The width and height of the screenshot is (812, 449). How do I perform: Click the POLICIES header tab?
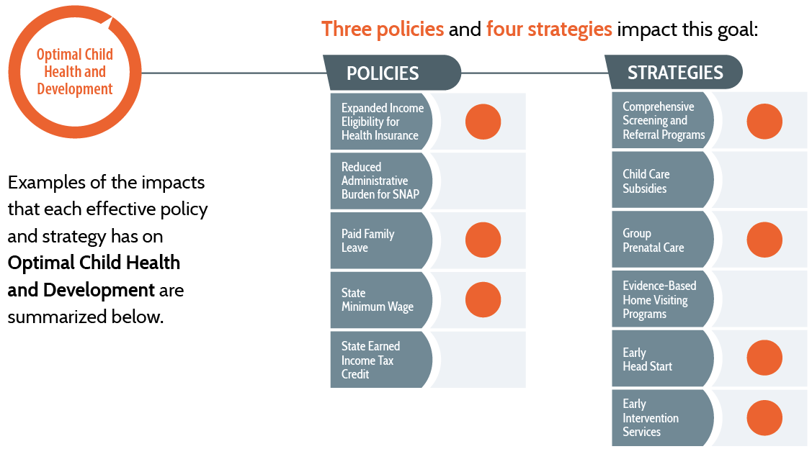[383, 73]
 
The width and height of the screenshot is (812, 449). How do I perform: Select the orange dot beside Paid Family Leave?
[483, 240]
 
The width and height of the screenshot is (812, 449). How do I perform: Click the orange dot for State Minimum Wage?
[483, 300]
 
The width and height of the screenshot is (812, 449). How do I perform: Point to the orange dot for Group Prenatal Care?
[764, 240]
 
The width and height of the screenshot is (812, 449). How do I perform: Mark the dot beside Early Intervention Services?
[764, 418]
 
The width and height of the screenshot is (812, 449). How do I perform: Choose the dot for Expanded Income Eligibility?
[483, 122]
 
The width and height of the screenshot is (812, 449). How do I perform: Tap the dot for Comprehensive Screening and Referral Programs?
[764, 121]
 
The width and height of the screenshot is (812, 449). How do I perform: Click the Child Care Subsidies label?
[646, 181]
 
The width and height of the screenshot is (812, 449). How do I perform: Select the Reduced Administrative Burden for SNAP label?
[380, 181]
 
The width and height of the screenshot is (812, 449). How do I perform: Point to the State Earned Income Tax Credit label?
[370, 360]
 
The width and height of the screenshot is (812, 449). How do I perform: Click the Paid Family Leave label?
[367, 240]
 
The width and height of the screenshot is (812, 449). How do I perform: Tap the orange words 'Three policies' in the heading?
[382, 30]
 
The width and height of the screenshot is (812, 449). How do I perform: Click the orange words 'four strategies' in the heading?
[549, 30]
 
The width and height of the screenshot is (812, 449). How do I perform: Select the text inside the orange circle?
[74, 72]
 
